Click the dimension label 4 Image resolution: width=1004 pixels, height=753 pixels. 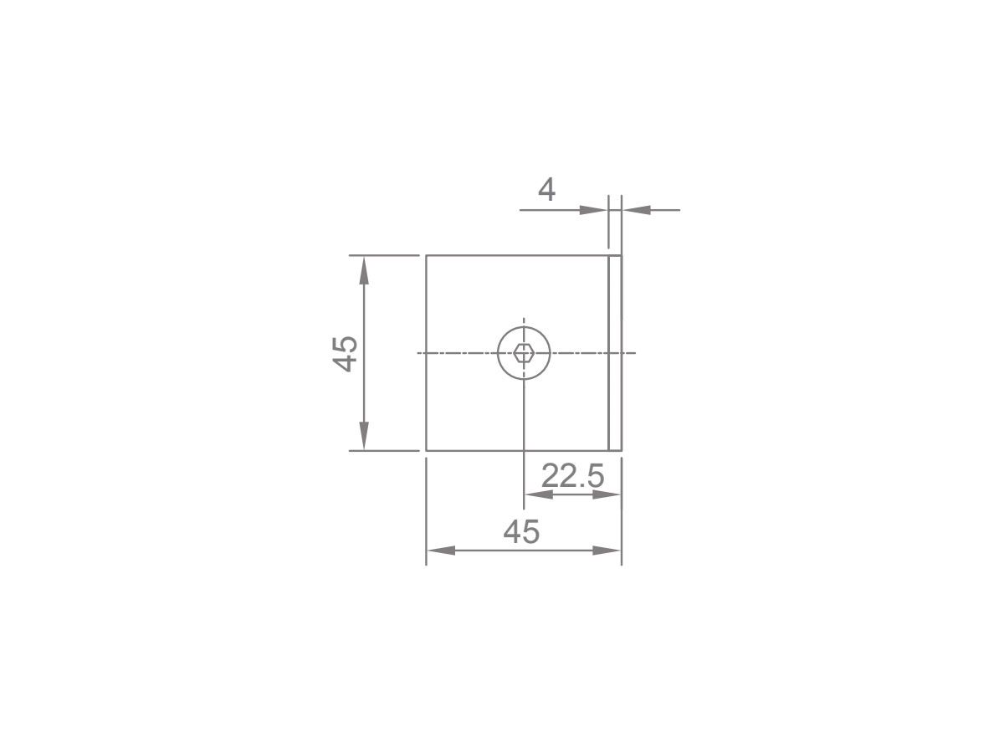tap(546, 189)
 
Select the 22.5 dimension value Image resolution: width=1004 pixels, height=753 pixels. tap(572, 476)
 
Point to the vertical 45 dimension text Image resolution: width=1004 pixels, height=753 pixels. tap(345, 353)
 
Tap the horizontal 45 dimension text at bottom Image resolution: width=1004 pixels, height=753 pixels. tap(521, 532)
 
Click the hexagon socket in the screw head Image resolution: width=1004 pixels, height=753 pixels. tap(523, 353)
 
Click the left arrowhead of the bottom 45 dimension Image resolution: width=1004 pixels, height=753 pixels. tap(441, 551)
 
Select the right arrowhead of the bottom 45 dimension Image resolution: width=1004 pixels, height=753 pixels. tap(607, 551)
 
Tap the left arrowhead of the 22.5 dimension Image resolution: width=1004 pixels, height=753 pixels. tap(539, 494)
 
